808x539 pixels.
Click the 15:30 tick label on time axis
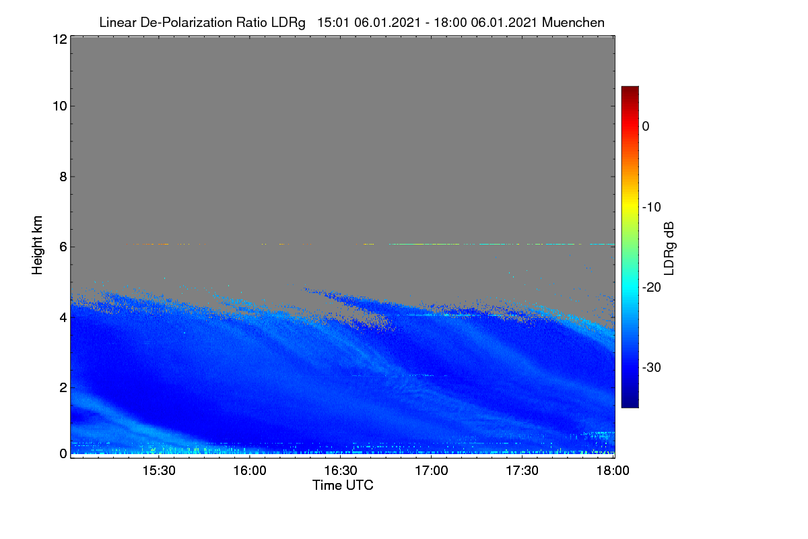159,471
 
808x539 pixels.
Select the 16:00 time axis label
250,471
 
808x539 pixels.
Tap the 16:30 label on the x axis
341,471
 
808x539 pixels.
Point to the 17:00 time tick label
432,471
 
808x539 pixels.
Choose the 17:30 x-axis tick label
522,471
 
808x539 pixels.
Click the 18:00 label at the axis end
613,471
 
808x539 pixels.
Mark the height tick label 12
60,39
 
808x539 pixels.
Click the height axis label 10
60,106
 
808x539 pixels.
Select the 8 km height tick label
63,177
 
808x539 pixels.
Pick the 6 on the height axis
63,247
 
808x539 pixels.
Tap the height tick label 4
63,318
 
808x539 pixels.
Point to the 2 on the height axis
63,387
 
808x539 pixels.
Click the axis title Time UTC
343,486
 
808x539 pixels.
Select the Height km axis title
37,245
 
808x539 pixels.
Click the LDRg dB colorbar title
669,249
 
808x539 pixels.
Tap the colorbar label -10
652,208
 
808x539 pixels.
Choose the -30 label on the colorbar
652,367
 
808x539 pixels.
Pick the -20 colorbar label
652,288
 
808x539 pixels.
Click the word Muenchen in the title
573,23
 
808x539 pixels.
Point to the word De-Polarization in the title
186,23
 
